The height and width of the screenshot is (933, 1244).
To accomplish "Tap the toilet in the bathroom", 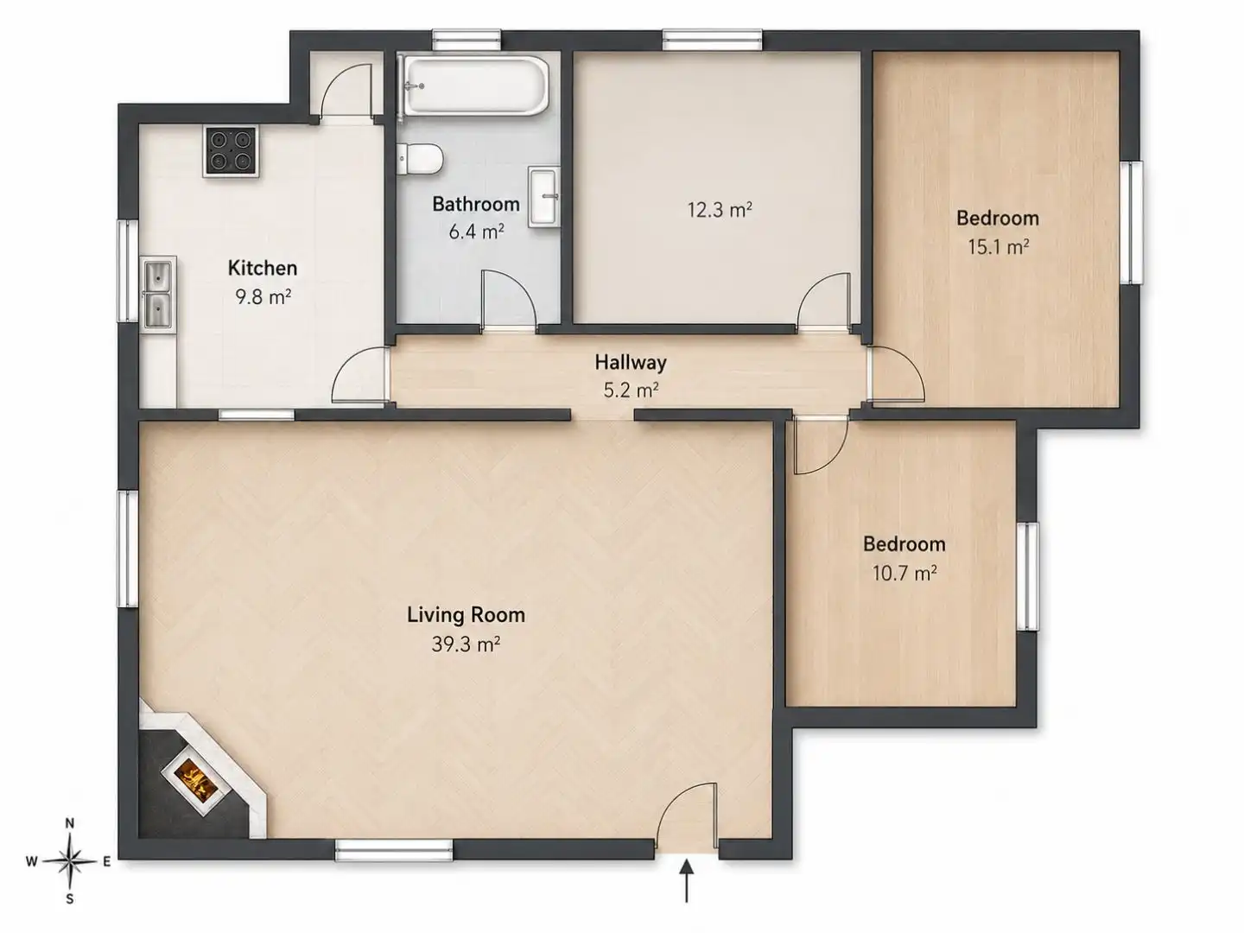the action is click(x=420, y=159).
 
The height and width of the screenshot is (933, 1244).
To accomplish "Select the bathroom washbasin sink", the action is click(x=544, y=197).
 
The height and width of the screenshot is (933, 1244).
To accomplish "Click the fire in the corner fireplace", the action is click(x=195, y=782).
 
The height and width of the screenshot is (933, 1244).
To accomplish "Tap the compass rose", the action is click(x=69, y=861).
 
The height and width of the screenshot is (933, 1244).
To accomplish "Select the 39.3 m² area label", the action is click(x=466, y=644).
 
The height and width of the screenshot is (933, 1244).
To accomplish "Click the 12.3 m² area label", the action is click(x=720, y=210).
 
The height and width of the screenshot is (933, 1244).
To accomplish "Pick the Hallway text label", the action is click(x=631, y=362).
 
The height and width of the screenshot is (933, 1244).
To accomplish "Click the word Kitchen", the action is click(x=263, y=268).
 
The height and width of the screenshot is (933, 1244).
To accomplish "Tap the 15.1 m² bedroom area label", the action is click(x=999, y=247).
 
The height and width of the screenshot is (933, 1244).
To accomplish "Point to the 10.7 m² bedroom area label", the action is click(x=904, y=574).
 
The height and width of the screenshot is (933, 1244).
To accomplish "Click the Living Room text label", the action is click(x=466, y=614).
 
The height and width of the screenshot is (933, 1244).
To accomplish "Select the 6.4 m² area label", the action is click(x=476, y=232).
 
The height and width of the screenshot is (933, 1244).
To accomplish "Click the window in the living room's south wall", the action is click(x=394, y=851).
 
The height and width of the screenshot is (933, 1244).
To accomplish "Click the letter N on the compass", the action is click(x=70, y=823).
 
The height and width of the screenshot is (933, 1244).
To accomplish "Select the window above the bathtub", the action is click(x=466, y=41).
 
